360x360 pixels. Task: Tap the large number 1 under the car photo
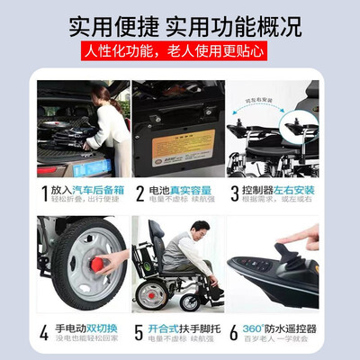coord(45,193)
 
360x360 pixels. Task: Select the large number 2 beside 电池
coord(139,193)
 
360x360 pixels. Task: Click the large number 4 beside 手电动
coord(46,331)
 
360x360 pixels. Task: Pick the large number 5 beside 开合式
coord(139,331)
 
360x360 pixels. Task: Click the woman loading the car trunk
coord(108,121)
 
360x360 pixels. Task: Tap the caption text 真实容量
coord(192,190)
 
